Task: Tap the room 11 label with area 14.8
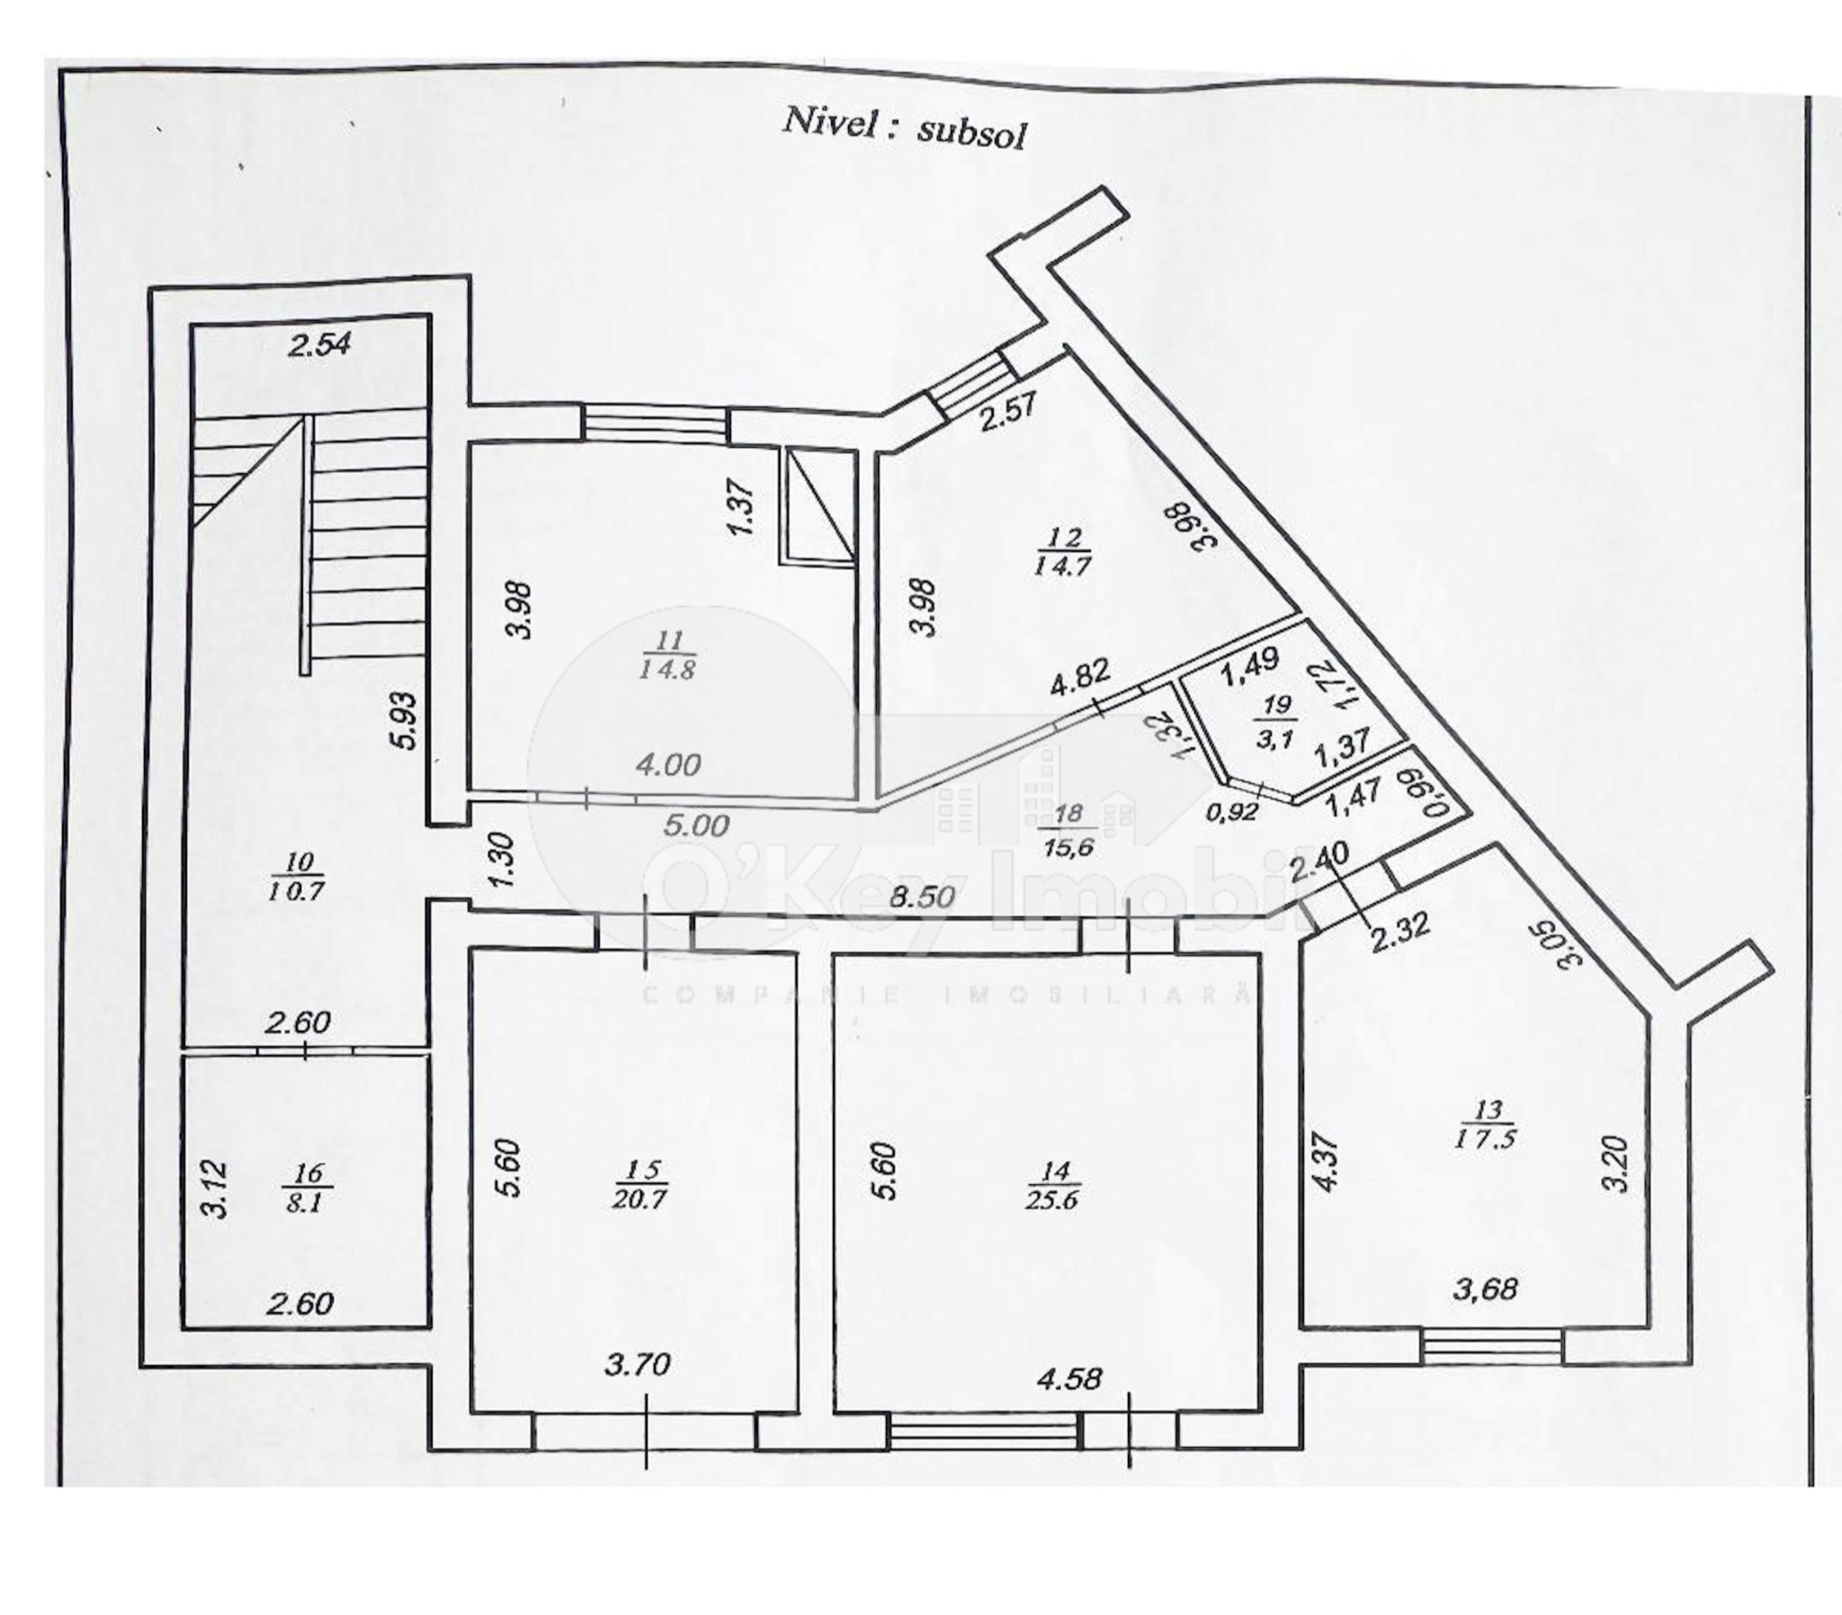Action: (667, 656)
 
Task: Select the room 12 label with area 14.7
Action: (1063, 551)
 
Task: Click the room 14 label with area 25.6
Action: (1053, 1185)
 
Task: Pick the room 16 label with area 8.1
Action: (307, 1188)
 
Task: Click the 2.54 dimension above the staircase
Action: (319, 345)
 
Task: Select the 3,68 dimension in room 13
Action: (1485, 1289)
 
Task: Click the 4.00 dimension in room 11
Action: (667, 765)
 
